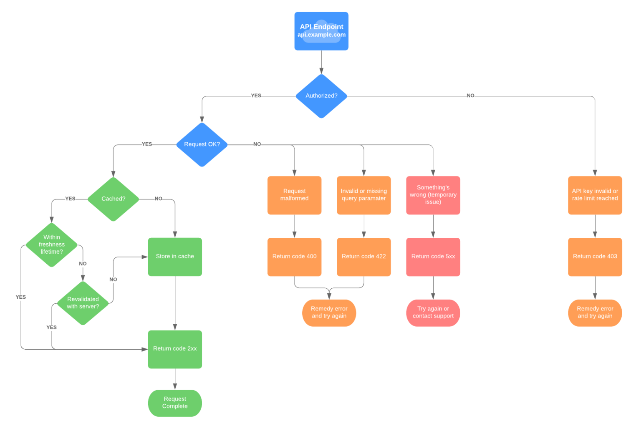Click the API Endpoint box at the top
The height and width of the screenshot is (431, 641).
pyautogui.click(x=321, y=31)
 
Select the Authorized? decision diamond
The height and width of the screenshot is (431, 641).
pyautogui.click(x=321, y=96)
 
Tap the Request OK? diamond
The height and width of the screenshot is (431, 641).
pyautogui.click(x=202, y=144)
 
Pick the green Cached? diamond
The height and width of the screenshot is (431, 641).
pyautogui.click(x=113, y=199)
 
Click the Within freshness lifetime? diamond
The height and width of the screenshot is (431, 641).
pyautogui.click(x=52, y=244)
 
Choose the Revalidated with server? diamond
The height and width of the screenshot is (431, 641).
pyautogui.click(x=83, y=303)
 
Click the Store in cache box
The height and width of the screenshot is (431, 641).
pyautogui.click(x=175, y=257)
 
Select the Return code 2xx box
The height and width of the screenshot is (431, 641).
pyautogui.click(x=175, y=349)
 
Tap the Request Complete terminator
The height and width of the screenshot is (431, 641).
pyautogui.click(x=175, y=403)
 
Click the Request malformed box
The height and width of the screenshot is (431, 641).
pyautogui.click(x=294, y=195)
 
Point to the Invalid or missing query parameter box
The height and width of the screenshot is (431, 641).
pyautogui.click(x=363, y=195)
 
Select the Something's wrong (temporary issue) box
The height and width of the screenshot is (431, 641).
pyautogui.click(x=433, y=195)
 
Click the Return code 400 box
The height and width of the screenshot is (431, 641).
pyautogui.click(x=294, y=257)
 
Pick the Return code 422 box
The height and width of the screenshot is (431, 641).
pyautogui.click(x=363, y=257)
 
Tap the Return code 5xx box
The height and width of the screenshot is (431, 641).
pyautogui.click(x=433, y=257)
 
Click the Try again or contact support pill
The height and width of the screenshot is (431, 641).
pyautogui.click(x=433, y=313)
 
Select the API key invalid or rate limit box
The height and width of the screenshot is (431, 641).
pyautogui.click(x=595, y=195)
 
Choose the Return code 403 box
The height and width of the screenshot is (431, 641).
pyautogui.click(x=595, y=257)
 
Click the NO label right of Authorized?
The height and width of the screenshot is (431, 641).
pyautogui.click(x=470, y=96)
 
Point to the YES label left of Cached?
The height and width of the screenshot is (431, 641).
pyautogui.click(x=70, y=199)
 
